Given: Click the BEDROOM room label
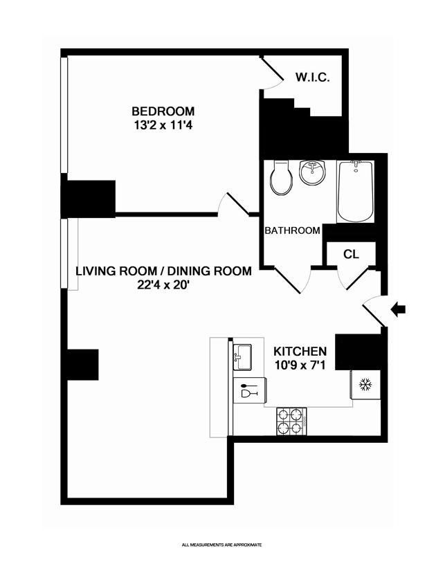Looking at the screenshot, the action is tap(163, 111).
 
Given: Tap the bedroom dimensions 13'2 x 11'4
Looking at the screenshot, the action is tap(163, 125).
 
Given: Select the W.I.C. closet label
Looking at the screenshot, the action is tap(312, 78).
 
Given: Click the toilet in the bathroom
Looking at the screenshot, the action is tap(281, 177).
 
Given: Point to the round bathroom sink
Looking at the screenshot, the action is tap(312, 172).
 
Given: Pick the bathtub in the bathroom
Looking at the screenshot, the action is tap(356, 192).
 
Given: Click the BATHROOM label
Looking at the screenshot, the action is tap(292, 230).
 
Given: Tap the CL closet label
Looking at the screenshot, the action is tap(351, 254).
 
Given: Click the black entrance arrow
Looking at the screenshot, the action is tap(398, 309).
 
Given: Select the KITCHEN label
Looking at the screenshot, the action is tap(300, 351).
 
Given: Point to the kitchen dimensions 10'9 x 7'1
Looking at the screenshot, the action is tap(300, 365).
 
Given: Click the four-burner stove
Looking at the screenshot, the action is tap(291, 421).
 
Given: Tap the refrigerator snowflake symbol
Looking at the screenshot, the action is tap(365, 385).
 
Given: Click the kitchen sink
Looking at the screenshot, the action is tap(242, 357).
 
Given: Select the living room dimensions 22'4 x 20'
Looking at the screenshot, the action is tap(163, 285).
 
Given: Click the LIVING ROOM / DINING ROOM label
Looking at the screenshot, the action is tap(163, 271).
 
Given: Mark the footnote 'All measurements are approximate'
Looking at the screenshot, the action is tap(222, 545).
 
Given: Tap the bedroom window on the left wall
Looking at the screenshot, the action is tap(64, 115).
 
